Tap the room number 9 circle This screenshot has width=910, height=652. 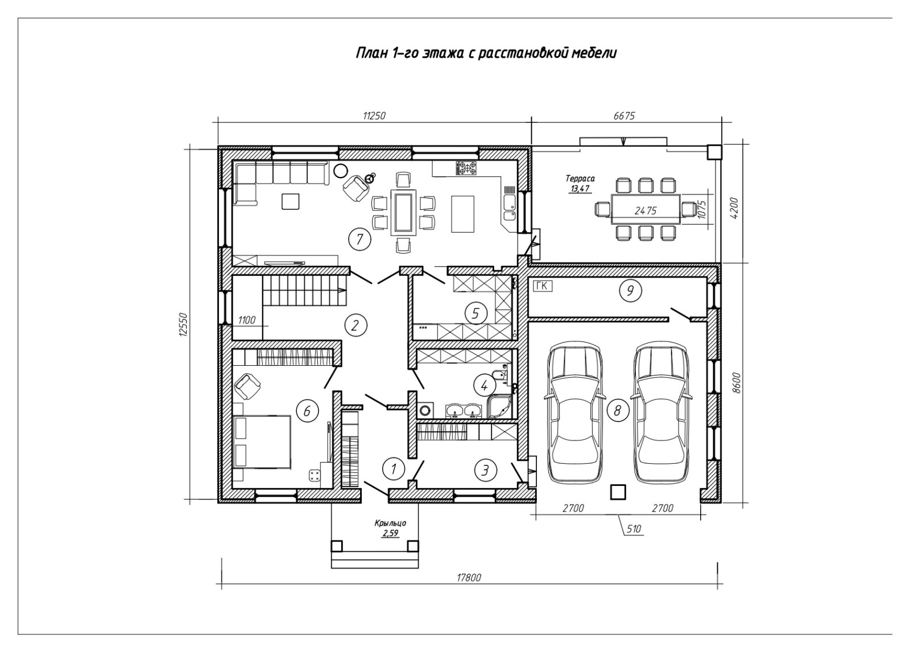[630, 291]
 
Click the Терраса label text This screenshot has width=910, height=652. [580, 178]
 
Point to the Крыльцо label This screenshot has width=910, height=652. [390, 523]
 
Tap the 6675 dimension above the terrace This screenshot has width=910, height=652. [624, 116]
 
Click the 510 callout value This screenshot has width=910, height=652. [634, 529]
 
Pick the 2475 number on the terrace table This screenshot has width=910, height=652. [646, 210]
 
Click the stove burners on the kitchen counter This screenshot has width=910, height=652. [466, 168]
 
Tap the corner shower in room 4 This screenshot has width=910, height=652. [499, 406]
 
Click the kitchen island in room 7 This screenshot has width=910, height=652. [463, 213]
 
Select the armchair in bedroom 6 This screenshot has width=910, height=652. [247, 386]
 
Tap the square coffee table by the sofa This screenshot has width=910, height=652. [291, 201]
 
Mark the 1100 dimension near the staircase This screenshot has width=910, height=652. [247, 320]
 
